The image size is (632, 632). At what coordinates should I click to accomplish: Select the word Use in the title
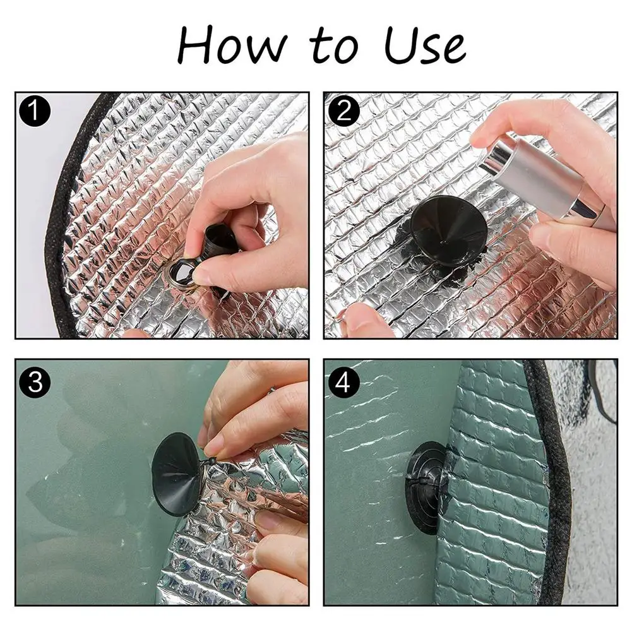pos(426,45)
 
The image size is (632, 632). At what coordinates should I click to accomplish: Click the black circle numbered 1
pos(35,110)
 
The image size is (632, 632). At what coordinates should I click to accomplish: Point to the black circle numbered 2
pos(344,110)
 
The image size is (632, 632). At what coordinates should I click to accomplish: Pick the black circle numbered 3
pos(35,381)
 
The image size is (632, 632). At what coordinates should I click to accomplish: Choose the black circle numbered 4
pos(344,381)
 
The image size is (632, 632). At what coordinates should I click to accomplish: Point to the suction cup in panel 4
pos(426,487)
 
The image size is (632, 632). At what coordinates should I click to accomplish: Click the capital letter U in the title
pos(402,45)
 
